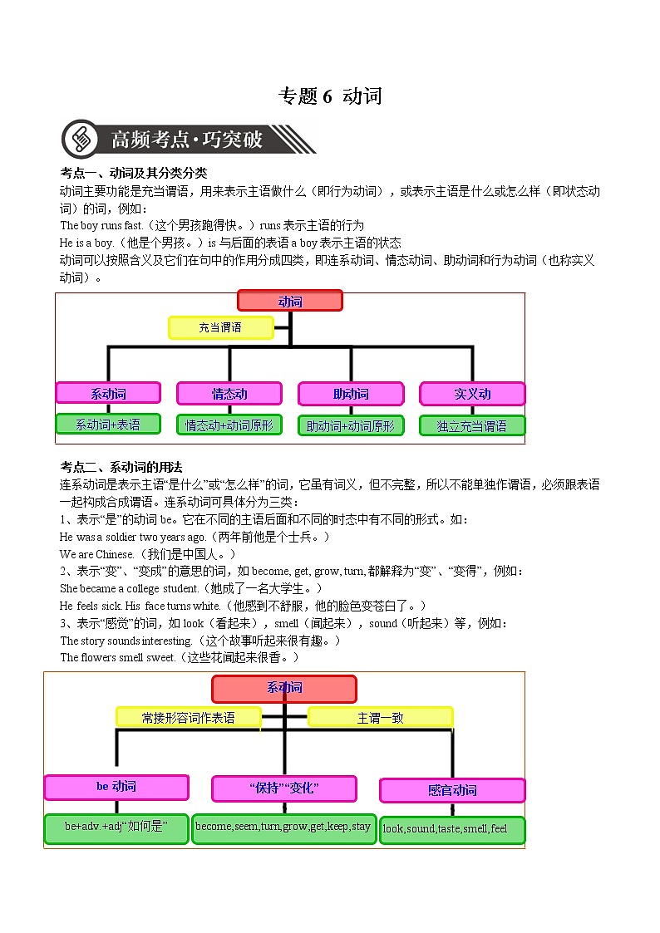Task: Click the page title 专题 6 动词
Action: (330, 96)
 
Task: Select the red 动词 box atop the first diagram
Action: (289, 301)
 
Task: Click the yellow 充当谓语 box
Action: (220, 327)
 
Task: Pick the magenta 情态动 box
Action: (229, 394)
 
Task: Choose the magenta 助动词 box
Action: (350, 394)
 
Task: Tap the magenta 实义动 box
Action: (472, 394)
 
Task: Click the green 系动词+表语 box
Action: (108, 425)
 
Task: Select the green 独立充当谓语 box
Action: (472, 425)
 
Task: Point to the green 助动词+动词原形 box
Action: (350, 425)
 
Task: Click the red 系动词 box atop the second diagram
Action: (284, 689)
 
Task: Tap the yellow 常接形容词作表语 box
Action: (189, 717)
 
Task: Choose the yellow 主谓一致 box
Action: (380, 717)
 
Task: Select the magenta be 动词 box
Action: (116, 787)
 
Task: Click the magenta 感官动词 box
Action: (452, 790)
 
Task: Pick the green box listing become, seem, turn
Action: (283, 827)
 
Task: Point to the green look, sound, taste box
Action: (452, 829)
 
